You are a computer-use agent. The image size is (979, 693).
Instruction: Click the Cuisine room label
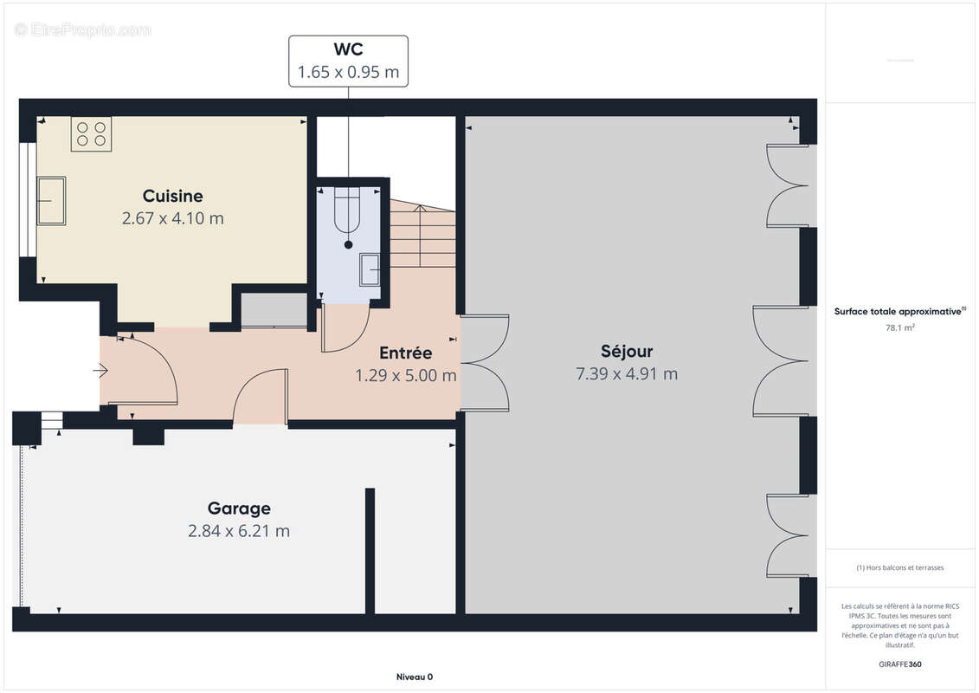pyautogui.click(x=173, y=197)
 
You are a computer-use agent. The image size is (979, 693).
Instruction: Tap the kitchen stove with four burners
pyautogui.click(x=91, y=134)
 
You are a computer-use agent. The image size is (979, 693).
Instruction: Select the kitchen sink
pyautogui.click(x=51, y=201)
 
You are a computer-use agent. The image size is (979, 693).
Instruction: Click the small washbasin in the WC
pyautogui.click(x=370, y=270)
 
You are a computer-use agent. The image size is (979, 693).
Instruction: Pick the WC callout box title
pyautogui.click(x=348, y=49)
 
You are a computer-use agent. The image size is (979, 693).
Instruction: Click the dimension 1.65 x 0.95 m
pyautogui.click(x=348, y=72)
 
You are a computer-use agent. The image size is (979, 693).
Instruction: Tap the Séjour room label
pyautogui.click(x=627, y=351)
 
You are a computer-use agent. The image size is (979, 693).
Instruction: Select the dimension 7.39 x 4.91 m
pyautogui.click(x=627, y=373)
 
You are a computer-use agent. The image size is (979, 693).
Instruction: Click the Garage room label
pyautogui.click(x=239, y=508)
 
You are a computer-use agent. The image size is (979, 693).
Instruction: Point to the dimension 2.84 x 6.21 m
pyautogui.click(x=239, y=531)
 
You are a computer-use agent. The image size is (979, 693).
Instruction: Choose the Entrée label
pyautogui.click(x=406, y=353)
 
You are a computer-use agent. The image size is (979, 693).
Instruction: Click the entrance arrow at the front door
pyautogui.click(x=100, y=371)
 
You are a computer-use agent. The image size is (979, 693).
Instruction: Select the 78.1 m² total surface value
pyautogui.click(x=900, y=327)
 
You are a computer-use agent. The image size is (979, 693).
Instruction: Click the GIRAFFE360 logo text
pyautogui.click(x=900, y=664)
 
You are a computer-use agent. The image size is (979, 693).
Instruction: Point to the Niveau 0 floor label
pyautogui.click(x=415, y=677)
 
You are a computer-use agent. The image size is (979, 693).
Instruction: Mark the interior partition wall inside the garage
pyautogui.click(x=370, y=551)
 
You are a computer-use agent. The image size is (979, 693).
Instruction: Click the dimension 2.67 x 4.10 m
pyautogui.click(x=173, y=218)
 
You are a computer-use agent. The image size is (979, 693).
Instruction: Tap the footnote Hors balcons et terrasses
pyautogui.click(x=900, y=567)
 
